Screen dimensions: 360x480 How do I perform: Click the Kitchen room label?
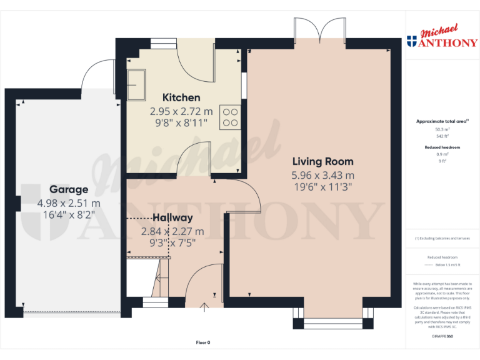pyautogui.click(x=181, y=97)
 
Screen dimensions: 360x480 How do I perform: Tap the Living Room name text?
pyautogui.click(x=322, y=161)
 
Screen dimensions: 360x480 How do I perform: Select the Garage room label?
pyautogui.click(x=69, y=189)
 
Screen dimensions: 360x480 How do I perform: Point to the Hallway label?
pyautogui.click(x=172, y=218)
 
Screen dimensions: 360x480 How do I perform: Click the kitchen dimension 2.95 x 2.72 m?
pyautogui.click(x=181, y=111)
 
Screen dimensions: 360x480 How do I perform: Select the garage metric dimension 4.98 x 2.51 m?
pyautogui.click(x=69, y=203)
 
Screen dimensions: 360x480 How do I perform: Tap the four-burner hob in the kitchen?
pyautogui.click(x=230, y=117)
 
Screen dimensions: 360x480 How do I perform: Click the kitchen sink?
pyautogui.click(x=136, y=82)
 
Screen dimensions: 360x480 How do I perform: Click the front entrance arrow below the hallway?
pyautogui.click(x=205, y=306)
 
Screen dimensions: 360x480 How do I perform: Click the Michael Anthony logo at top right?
pyautogui.click(x=441, y=37)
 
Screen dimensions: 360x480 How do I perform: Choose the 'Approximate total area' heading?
pyautogui.click(x=442, y=121)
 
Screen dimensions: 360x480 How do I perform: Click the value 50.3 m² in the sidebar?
pyautogui.click(x=442, y=129)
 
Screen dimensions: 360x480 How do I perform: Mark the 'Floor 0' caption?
pyautogui.click(x=203, y=342)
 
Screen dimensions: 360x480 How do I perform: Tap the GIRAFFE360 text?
pyautogui.click(x=442, y=337)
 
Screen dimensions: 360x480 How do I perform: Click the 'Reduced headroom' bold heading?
pyautogui.click(x=442, y=147)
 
